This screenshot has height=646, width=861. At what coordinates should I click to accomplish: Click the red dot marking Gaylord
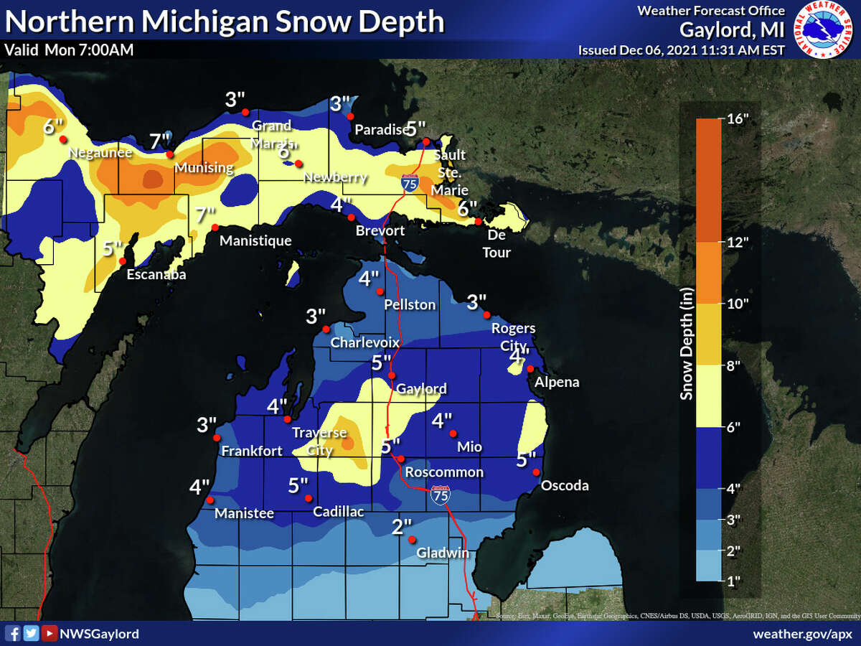[392, 375]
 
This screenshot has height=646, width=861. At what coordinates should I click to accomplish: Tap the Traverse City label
[319, 441]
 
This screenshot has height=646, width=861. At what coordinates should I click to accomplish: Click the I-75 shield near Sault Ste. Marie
[410, 182]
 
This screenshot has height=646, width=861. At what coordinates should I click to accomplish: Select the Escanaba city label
[151, 273]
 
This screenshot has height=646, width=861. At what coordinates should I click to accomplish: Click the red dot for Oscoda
[536, 472]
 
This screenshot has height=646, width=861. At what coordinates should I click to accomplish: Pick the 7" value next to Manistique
[204, 214]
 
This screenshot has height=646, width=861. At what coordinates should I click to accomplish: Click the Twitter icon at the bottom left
[31, 633]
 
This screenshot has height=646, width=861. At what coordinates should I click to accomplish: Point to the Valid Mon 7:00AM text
[68, 50]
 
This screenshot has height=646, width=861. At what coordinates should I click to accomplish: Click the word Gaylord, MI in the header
[733, 30]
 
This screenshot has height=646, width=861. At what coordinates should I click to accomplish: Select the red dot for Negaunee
[62, 139]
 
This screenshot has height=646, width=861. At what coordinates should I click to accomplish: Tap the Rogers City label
[513, 336]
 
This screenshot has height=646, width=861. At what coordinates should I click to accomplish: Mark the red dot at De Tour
[479, 222]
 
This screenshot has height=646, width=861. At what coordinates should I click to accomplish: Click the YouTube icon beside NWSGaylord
[49, 633]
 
